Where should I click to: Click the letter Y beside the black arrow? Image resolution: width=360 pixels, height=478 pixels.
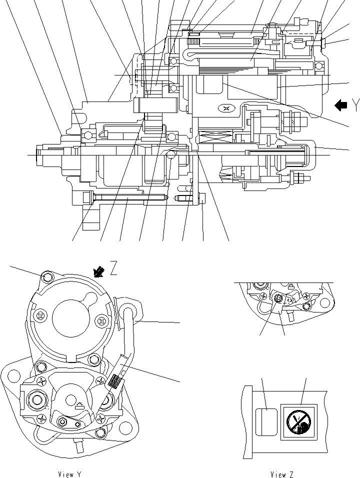tap(355, 105)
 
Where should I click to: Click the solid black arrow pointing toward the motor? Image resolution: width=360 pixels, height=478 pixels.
tap(341, 105)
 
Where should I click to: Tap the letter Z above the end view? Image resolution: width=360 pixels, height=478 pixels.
tap(114, 269)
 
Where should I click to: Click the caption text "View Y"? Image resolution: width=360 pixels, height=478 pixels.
tap(69, 474)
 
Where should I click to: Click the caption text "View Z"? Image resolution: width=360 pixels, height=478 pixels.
tap(282, 474)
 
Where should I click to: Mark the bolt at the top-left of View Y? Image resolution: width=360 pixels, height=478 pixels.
tap(47, 277)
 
